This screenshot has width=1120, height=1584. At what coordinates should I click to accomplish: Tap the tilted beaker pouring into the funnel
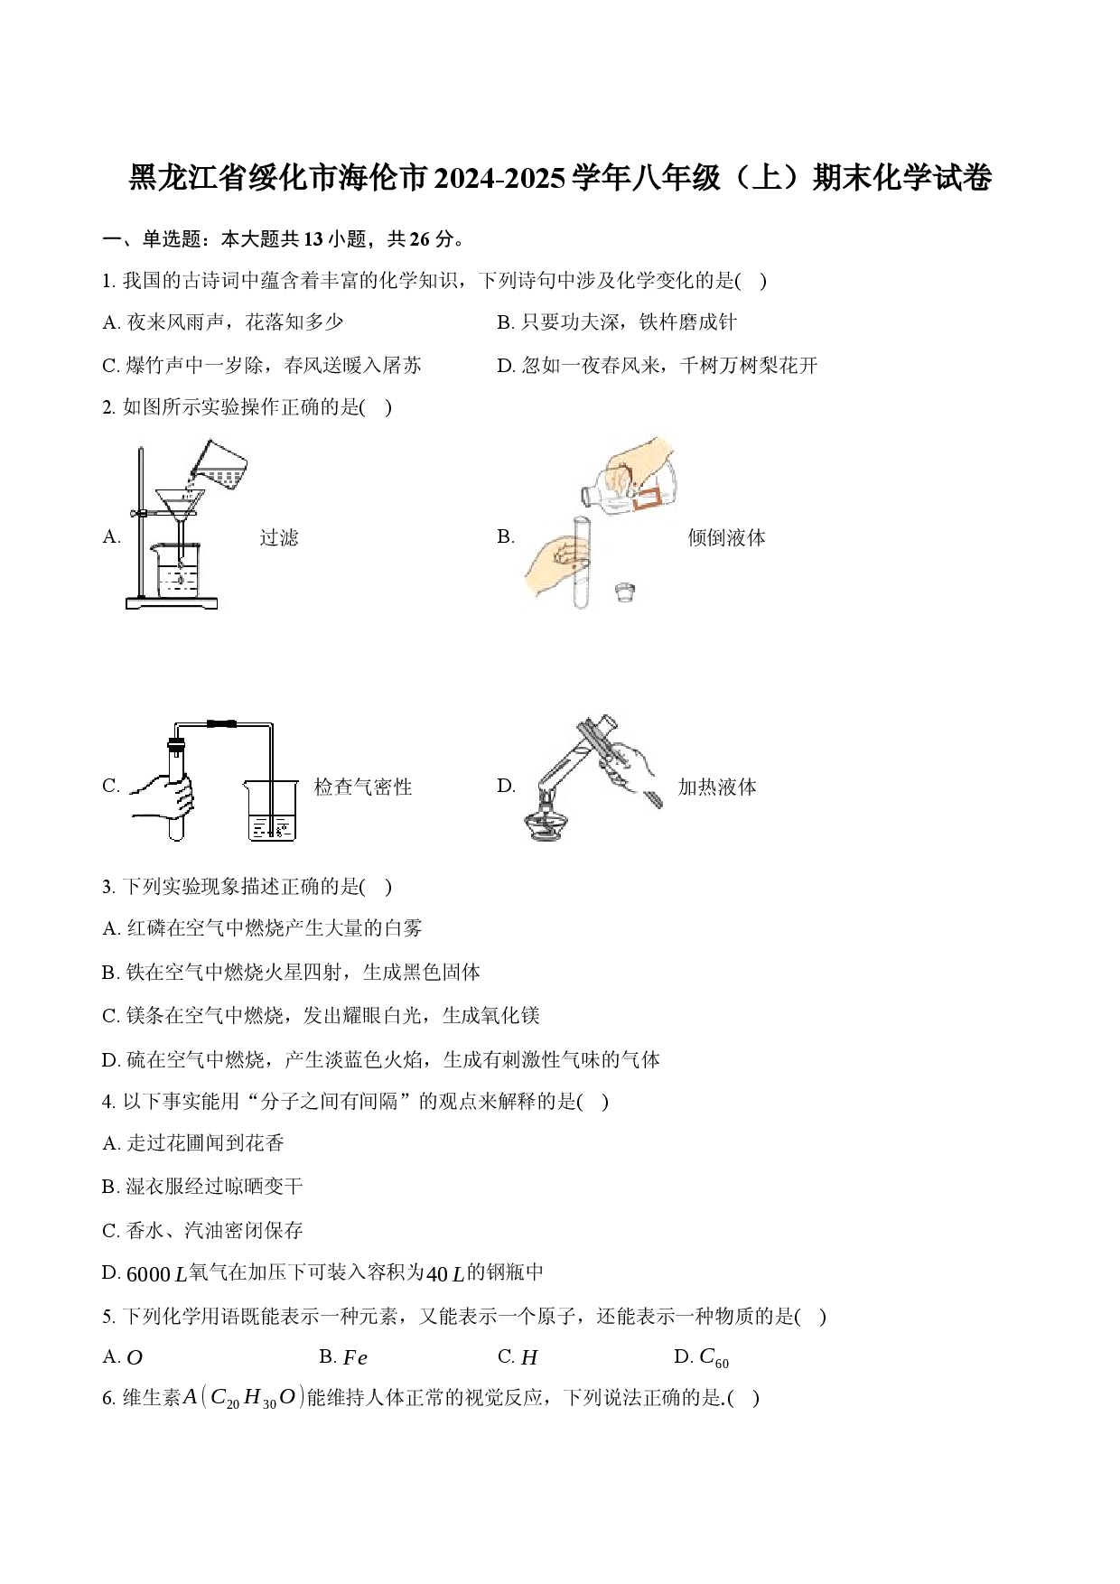[219, 466]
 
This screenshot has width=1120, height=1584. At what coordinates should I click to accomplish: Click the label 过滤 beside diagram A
[279, 538]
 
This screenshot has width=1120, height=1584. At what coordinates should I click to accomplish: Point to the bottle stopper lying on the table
[624, 592]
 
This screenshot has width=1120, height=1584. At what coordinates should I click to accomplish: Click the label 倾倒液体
[727, 538]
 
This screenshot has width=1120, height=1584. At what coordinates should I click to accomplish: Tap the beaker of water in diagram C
[271, 811]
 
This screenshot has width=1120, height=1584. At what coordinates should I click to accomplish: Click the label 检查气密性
[363, 787]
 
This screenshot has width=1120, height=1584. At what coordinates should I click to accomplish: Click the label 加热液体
[717, 787]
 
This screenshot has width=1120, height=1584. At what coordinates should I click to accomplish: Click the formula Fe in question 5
[355, 1358]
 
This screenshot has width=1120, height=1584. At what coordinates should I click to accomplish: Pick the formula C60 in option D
[714, 1358]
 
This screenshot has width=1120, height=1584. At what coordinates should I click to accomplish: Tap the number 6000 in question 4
[148, 1274]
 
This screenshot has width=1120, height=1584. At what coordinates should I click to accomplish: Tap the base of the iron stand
[172, 603]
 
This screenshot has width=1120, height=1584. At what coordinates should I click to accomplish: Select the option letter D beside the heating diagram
[506, 787]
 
